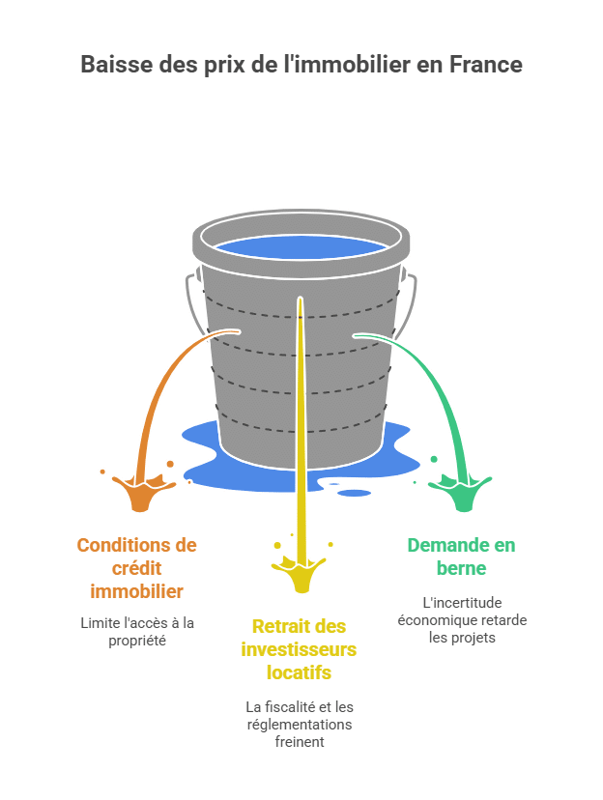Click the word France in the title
click(x=486, y=65)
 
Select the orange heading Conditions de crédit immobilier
click(x=136, y=568)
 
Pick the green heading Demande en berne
click(x=461, y=557)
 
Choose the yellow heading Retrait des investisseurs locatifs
click(x=299, y=649)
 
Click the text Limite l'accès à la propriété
click(x=137, y=632)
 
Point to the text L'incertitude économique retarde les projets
click(x=462, y=620)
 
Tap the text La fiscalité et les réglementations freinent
click(x=300, y=724)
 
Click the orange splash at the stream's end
click(x=141, y=493)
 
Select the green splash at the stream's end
click(x=462, y=493)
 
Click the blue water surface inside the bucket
click(x=301, y=248)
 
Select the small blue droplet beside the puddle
click(x=354, y=493)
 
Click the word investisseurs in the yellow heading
click(x=299, y=649)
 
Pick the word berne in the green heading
click(x=461, y=568)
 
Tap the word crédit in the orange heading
click(x=136, y=568)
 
